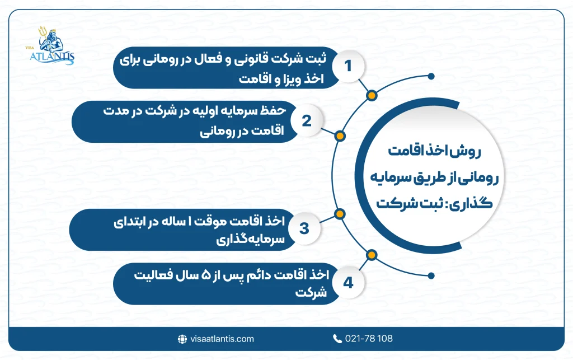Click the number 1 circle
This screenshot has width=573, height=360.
pyautogui.click(x=348, y=67)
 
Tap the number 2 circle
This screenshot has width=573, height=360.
pyautogui.click(x=306, y=121)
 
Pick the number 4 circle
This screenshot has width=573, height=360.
pyautogui.click(x=347, y=283)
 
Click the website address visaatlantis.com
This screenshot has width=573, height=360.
pyautogui.click(x=222, y=339)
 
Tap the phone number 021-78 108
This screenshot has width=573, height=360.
pyautogui.click(x=369, y=339)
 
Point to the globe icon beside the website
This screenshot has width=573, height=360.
pyautogui.click(x=182, y=339)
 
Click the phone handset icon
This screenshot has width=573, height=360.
pyautogui.click(x=337, y=339)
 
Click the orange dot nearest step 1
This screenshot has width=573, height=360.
pyautogui.click(x=370, y=95)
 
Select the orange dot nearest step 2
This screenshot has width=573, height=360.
pyautogui.click(x=339, y=135)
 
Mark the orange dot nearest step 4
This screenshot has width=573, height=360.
pyautogui.click(x=370, y=255)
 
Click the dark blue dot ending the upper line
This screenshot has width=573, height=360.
pyautogui.click(x=430, y=76)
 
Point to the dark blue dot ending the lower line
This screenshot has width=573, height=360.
pyautogui.click(x=430, y=274)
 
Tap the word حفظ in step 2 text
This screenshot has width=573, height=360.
pyautogui.click(x=275, y=111)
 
